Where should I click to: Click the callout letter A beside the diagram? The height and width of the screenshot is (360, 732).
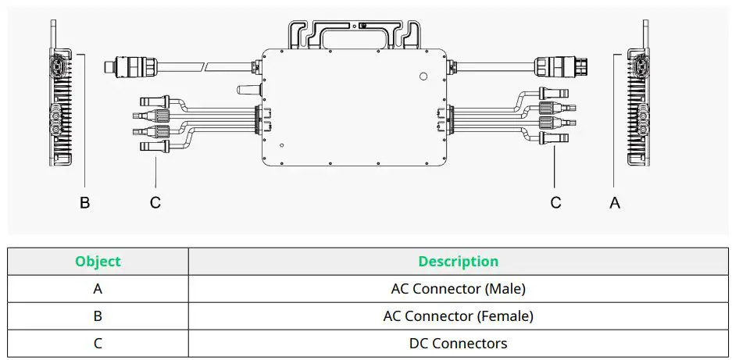[615, 202]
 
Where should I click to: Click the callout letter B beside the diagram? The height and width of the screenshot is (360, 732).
[85, 202]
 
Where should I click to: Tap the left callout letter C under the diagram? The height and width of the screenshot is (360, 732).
[155, 202]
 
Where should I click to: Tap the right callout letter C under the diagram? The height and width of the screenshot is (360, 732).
[555, 202]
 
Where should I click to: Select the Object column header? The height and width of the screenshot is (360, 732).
[98, 262]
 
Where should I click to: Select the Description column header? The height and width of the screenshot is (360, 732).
[458, 262]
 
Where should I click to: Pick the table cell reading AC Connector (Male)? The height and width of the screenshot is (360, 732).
[458, 289]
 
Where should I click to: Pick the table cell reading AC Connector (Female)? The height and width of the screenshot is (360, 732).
[458, 316]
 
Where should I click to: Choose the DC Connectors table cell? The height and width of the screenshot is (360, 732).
[458, 344]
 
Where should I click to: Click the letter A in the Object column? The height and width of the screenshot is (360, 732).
[98, 289]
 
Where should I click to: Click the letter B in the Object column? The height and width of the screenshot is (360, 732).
[98, 316]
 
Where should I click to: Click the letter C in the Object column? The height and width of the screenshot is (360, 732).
[98, 344]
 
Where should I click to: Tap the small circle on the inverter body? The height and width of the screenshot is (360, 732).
[423, 77]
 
